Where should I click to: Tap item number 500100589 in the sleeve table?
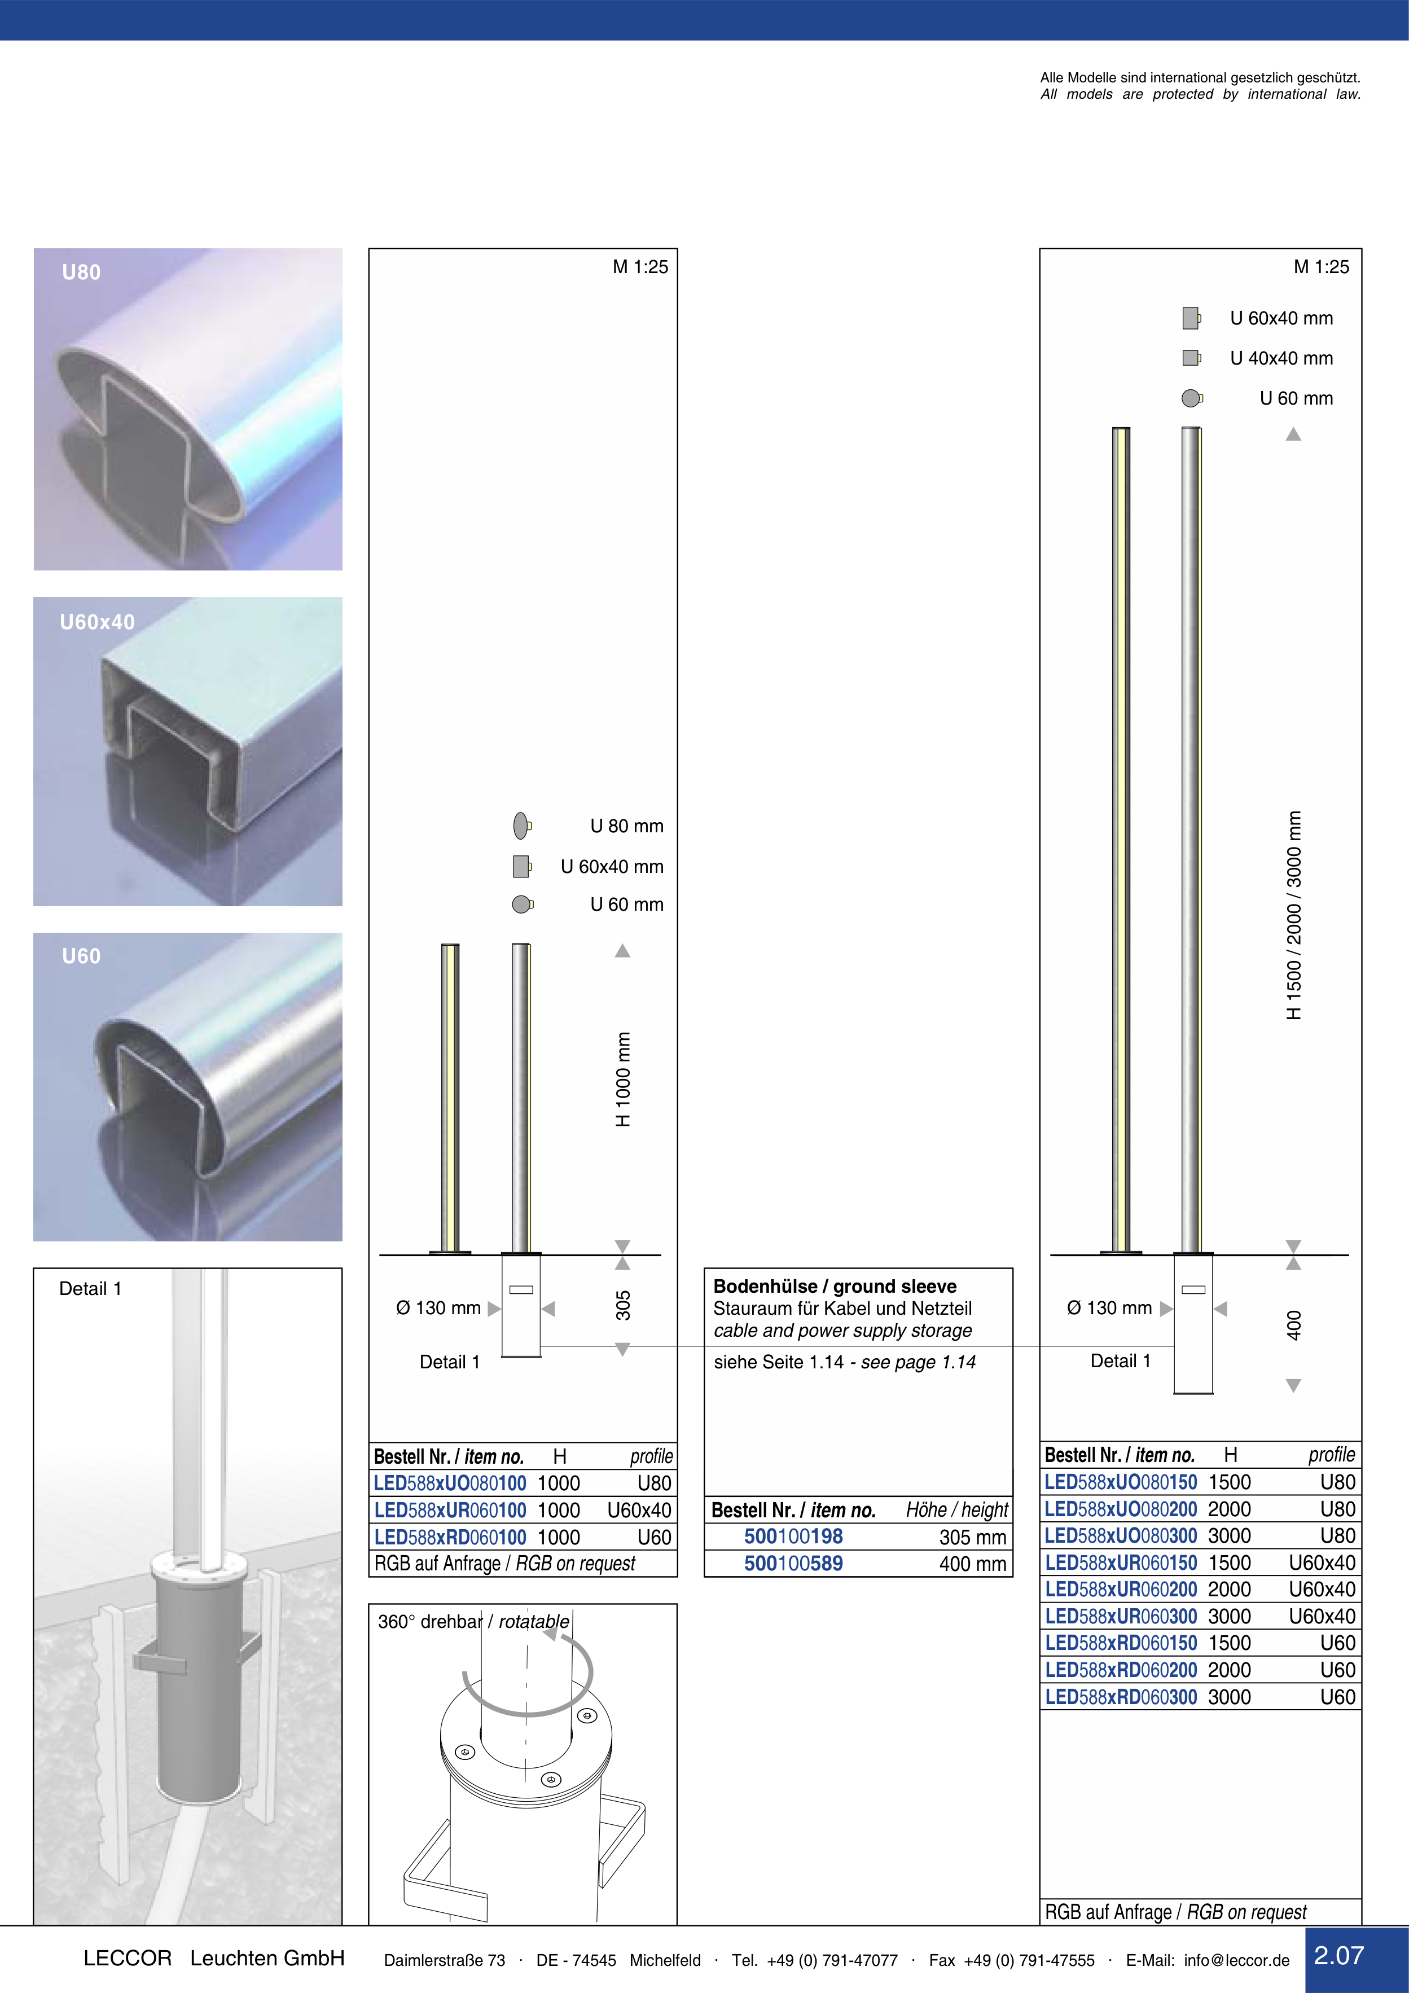click(793, 1564)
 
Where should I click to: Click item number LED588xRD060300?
click(1121, 1697)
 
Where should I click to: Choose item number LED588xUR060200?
click(1121, 1590)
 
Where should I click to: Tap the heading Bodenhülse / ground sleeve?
click(835, 1287)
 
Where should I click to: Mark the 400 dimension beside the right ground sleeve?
click(1293, 1324)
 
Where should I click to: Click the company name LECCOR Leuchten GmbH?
click(213, 1958)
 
